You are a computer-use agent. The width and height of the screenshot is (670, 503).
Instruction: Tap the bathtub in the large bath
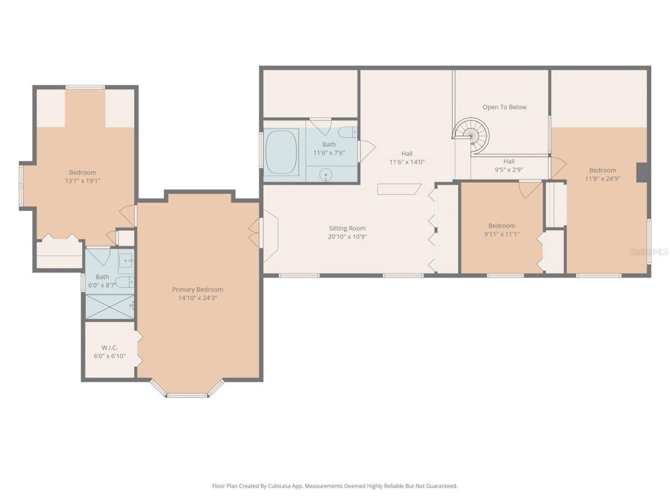[x=282, y=152]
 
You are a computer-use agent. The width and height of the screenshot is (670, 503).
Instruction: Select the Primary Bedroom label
[x=197, y=289]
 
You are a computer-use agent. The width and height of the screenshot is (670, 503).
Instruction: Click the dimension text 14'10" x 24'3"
[x=197, y=298]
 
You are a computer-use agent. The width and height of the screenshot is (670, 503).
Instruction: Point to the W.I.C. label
[x=109, y=347]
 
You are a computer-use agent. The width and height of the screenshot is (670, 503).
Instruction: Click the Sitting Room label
[x=347, y=228]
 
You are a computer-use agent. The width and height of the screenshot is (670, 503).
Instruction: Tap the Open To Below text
[x=504, y=107]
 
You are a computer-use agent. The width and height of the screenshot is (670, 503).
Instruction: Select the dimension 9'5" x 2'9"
[x=509, y=170]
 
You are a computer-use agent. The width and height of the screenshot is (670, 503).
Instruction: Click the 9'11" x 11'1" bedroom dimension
[x=501, y=234]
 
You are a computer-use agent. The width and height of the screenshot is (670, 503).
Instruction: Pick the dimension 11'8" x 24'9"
[x=602, y=178]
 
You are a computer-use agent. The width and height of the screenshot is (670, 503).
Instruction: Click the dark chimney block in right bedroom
[x=642, y=172]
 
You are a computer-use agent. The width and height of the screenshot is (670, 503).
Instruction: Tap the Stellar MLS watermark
[x=649, y=251]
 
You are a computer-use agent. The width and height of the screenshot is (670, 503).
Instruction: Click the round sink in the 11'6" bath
[x=326, y=173]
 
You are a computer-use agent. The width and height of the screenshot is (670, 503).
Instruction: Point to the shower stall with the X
[x=109, y=307]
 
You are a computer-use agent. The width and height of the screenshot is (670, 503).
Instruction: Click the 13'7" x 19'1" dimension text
[x=82, y=181]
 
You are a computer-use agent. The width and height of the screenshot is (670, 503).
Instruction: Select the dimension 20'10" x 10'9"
[x=347, y=236]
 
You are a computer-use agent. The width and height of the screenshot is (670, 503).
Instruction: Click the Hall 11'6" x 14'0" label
[x=407, y=158]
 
